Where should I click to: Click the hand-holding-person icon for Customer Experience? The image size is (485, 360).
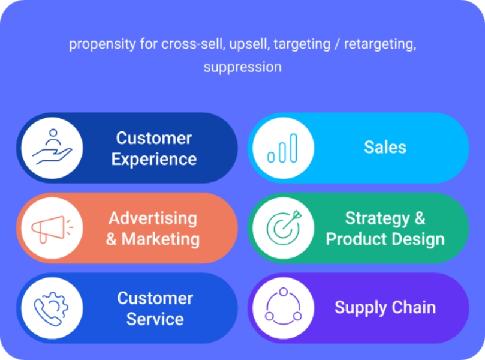tap(52, 147)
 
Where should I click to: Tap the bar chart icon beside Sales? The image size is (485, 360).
tap(282, 148)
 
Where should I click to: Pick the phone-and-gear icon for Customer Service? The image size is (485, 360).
tap(51, 308)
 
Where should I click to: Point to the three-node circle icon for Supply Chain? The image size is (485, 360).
tap(283, 306)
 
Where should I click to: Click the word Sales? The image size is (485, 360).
tap(385, 147)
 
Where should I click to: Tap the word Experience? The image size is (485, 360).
tap(154, 159)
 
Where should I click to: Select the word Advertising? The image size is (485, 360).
tap(153, 218)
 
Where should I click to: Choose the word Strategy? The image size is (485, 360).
tap(377, 218)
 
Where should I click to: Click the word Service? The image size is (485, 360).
tap(155, 319)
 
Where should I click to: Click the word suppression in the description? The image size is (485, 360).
tap(242, 68)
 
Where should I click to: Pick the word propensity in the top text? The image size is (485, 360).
tap(103, 44)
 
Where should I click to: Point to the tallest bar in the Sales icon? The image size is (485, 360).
tap(294, 148)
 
